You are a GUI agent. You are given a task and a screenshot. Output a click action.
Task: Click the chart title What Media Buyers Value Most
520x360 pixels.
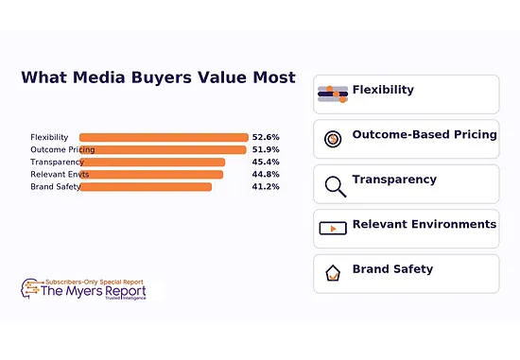158,78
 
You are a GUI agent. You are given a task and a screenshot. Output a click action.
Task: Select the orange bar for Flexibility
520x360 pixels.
164,137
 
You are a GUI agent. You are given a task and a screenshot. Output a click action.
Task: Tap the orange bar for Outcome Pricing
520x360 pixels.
163,149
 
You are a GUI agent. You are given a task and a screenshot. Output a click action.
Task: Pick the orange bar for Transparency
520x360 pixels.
152,162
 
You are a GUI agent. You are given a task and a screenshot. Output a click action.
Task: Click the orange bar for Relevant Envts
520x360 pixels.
151,174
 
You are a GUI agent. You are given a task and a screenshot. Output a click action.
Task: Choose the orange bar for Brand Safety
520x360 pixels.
146,186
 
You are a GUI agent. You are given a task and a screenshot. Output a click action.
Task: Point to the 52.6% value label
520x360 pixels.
266,137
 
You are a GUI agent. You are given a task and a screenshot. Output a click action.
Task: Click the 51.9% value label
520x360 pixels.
266,149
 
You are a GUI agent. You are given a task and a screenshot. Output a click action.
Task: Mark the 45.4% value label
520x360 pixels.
266,162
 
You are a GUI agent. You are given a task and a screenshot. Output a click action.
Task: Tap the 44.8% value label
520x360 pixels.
266,174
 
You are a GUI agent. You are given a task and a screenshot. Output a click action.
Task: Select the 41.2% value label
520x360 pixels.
266,186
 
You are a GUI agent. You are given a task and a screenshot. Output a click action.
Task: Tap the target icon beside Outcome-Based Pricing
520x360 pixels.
333,139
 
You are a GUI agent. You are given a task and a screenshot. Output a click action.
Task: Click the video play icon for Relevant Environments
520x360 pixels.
333,228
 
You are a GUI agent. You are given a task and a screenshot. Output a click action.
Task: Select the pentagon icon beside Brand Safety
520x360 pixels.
333,273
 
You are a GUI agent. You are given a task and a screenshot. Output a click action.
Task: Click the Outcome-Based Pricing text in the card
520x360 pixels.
424,134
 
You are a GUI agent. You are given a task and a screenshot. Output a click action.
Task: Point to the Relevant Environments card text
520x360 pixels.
424,224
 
